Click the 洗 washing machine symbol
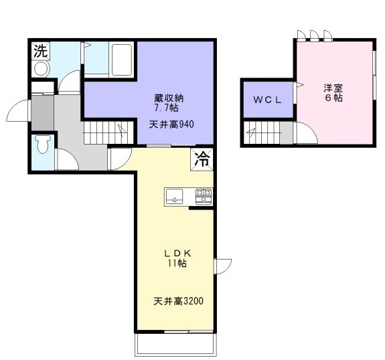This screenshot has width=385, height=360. [41, 51]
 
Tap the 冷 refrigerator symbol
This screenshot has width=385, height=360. [202, 159]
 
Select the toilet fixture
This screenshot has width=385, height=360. [43, 145]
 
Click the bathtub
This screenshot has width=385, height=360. [122, 60]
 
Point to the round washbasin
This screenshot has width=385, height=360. [42, 69]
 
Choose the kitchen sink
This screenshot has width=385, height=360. [175, 196]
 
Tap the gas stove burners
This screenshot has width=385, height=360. [204, 196]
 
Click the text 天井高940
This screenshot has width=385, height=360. [171, 124]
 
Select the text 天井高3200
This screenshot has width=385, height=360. [178, 301]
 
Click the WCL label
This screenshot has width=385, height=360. [267, 100]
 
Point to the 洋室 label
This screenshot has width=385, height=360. [333, 88]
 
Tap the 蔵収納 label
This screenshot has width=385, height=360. [169, 98]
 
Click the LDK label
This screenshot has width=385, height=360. [177, 253]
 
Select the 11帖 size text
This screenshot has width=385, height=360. [177, 264]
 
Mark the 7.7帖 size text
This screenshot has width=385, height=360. [166, 108]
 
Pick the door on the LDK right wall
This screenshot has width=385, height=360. [222, 266]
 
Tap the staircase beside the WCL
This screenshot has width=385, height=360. [262, 132]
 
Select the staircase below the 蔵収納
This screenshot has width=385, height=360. [108, 132]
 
